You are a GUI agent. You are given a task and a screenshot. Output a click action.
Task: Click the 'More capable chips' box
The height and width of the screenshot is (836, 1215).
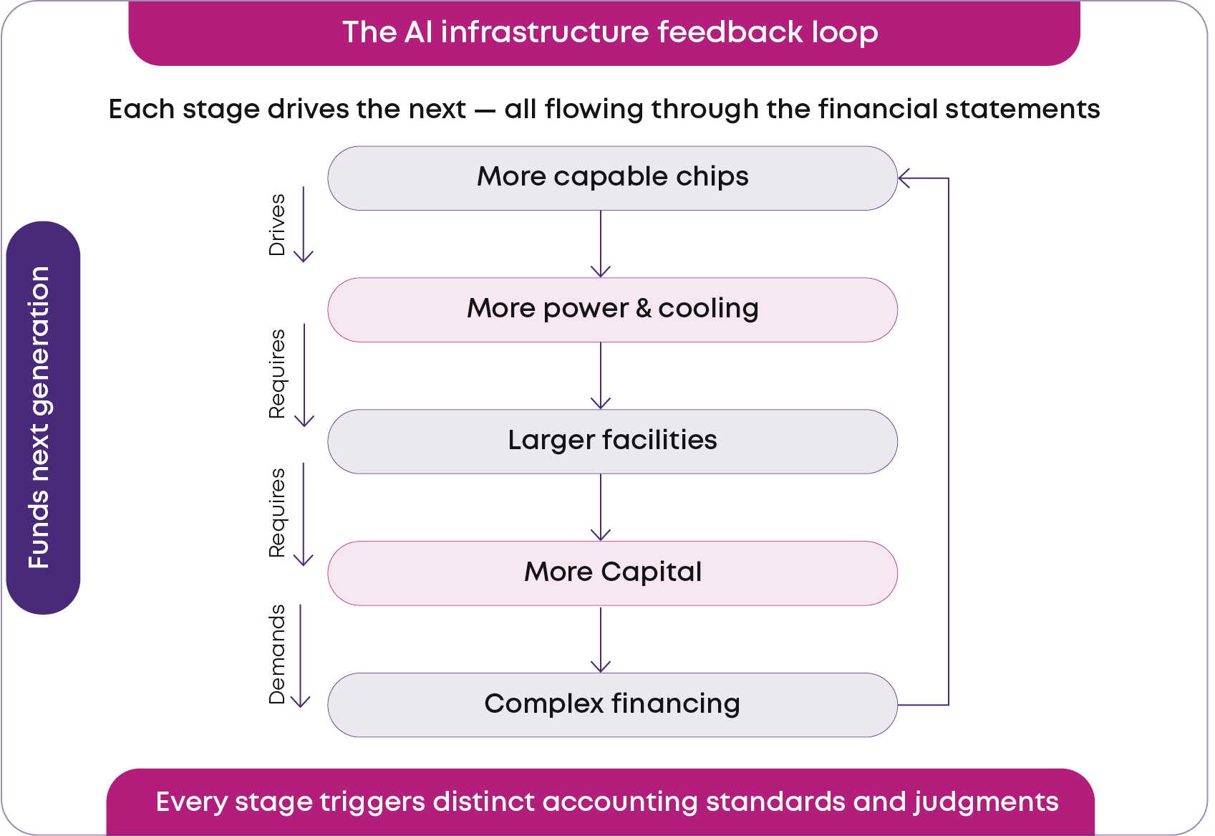click(612, 178)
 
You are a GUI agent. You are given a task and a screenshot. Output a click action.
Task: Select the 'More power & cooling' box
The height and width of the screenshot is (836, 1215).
click(612, 310)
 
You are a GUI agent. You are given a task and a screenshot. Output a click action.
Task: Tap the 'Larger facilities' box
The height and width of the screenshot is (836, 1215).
click(612, 442)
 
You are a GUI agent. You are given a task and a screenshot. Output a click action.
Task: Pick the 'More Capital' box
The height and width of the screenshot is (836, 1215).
click(612, 573)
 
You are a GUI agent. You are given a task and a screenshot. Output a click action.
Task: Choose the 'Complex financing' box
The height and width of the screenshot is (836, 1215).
click(612, 705)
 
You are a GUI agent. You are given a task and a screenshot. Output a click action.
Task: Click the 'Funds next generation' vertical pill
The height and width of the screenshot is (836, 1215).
click(43, 418)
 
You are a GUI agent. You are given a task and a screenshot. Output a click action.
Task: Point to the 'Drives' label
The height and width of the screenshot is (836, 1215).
click(277, 225)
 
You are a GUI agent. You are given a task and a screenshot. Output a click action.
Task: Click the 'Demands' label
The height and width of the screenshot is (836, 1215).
click(277, 654)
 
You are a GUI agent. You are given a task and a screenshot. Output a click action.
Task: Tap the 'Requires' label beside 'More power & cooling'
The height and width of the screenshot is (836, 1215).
click(277, 374)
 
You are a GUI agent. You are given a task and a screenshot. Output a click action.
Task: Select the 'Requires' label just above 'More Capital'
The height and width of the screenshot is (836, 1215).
click(277, 513)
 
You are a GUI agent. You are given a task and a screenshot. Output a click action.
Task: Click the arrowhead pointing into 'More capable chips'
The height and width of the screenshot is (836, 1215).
click(904, 178)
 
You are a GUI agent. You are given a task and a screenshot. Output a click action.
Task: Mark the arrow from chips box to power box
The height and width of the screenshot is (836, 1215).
click(601, 244)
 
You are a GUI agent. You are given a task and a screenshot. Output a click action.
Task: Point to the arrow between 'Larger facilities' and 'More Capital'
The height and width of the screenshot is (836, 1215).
click(601, 508)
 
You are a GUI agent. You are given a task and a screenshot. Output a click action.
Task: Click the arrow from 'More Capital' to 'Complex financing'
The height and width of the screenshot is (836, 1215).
click(601, 640)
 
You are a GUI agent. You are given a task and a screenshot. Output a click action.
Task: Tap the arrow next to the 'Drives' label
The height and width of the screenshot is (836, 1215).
click(303, 224)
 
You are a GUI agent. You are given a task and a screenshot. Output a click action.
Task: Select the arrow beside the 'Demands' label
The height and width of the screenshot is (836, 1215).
click(301, 655)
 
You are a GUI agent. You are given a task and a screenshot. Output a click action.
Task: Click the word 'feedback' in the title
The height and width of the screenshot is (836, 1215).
click(730, 32)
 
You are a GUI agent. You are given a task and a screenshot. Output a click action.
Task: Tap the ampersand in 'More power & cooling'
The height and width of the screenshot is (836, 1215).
click(644, 308)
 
